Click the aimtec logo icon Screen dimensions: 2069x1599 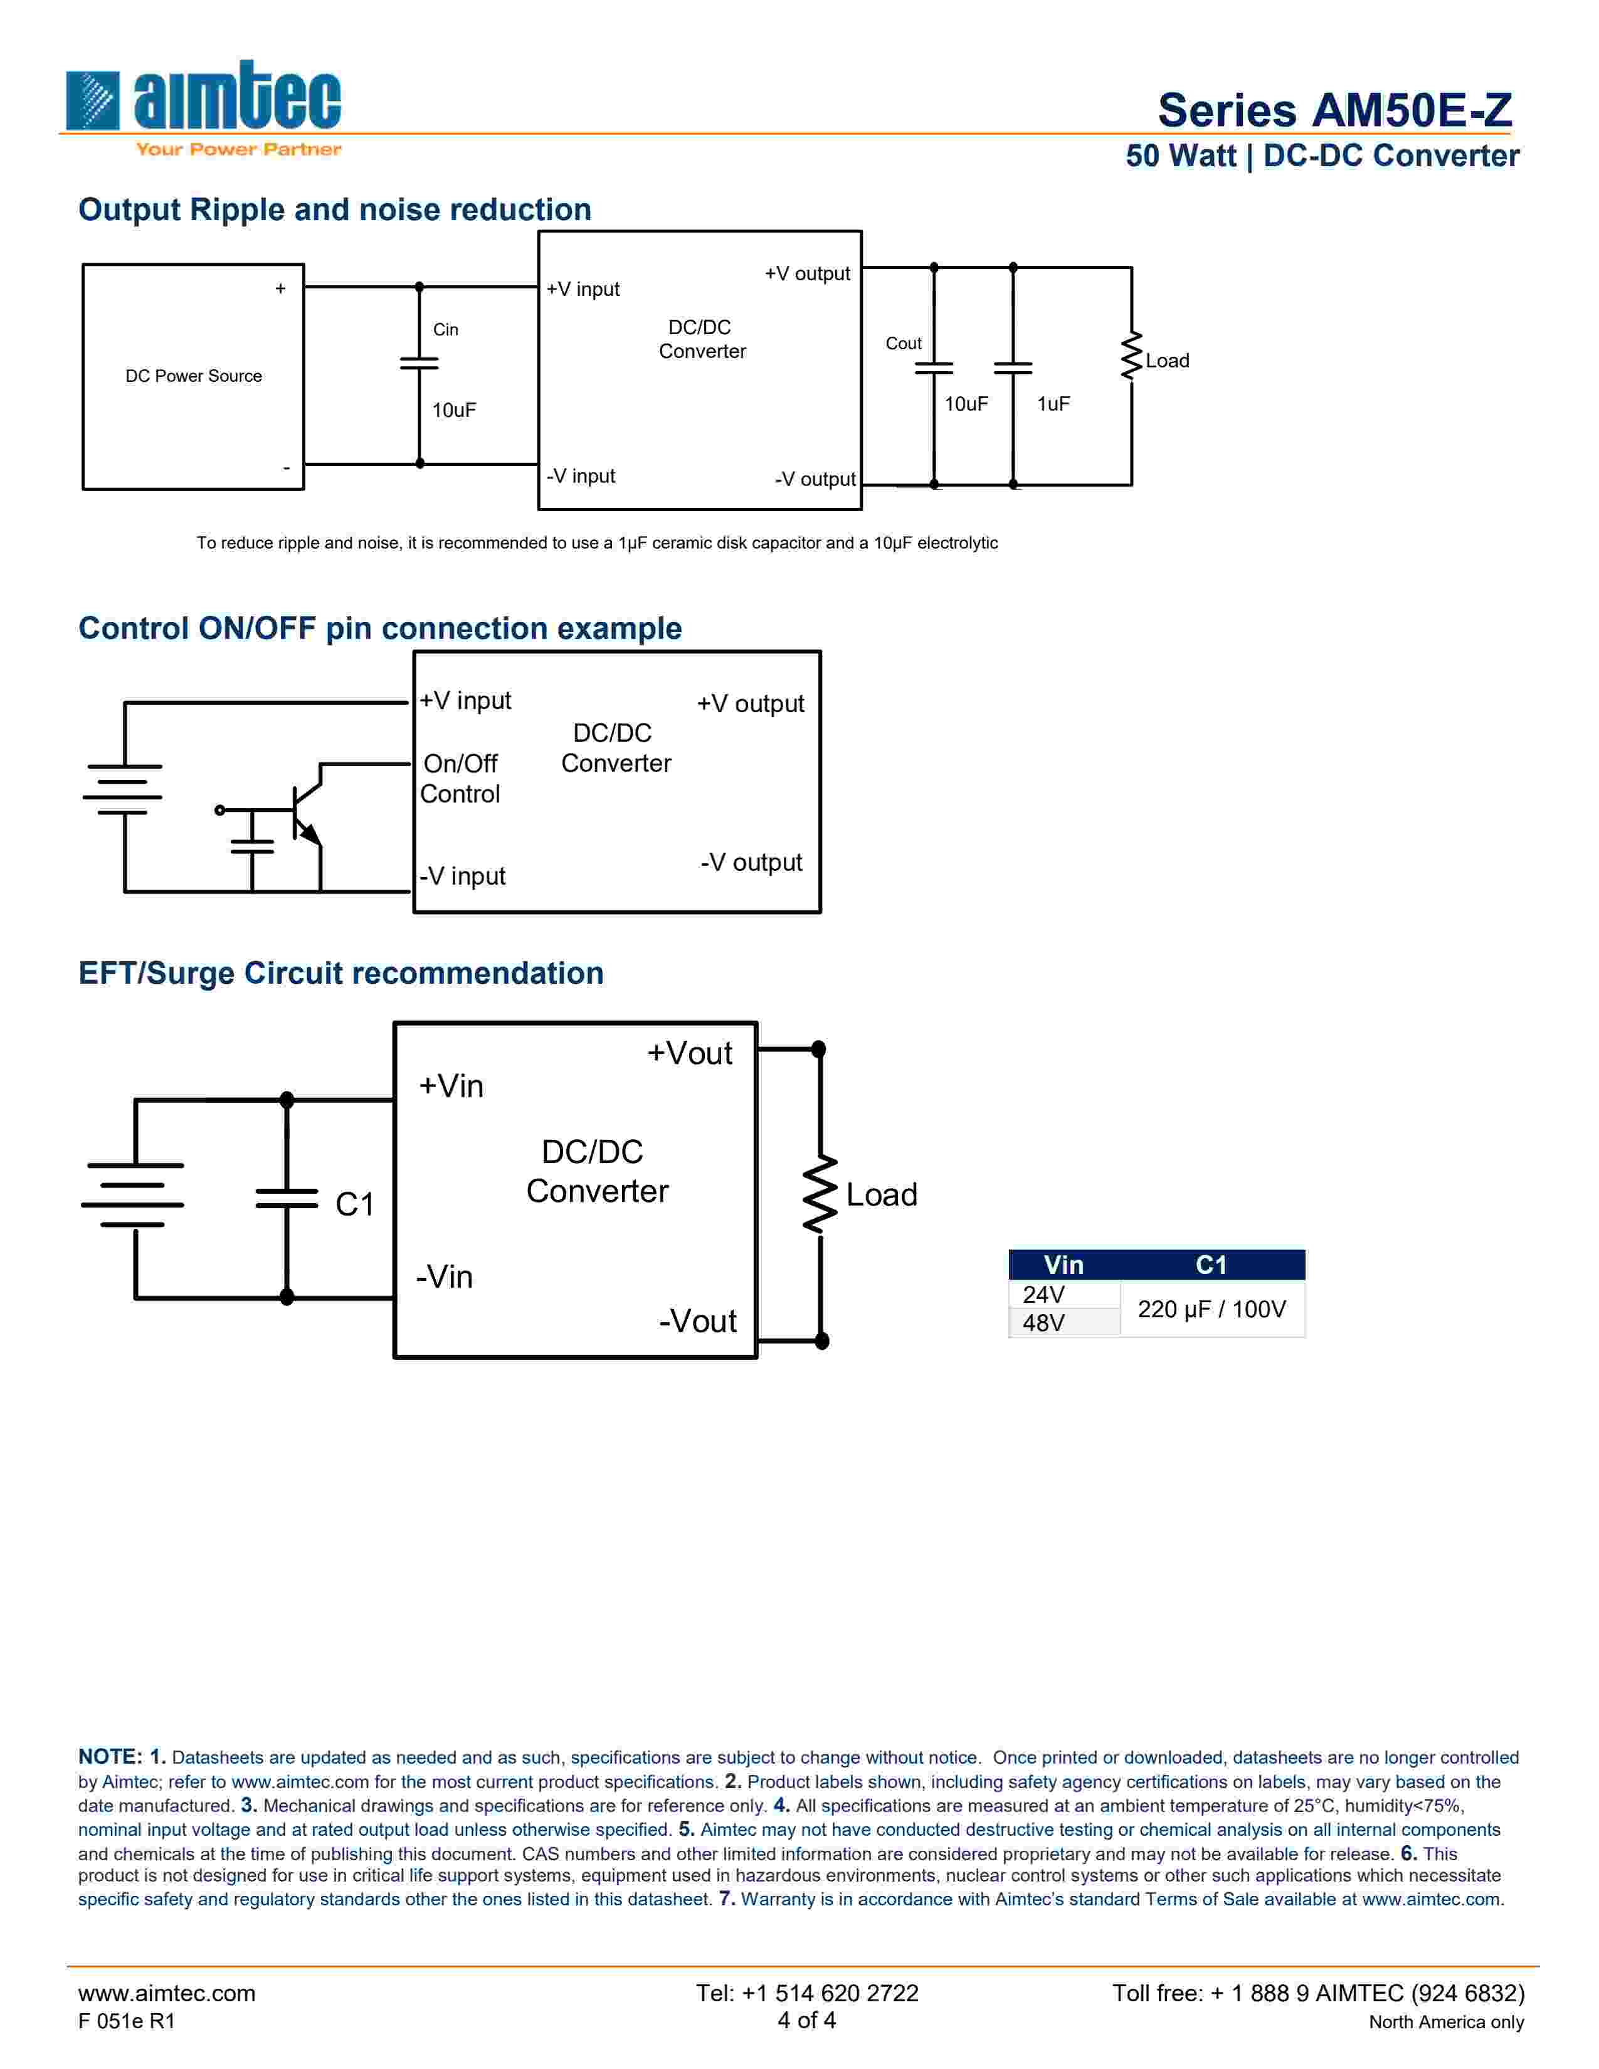click(x=93, y=100)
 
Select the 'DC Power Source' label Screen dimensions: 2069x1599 click(x=193, y=376)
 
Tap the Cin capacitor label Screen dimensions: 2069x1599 click(x=445, y=330)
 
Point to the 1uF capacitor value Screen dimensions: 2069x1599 click(x=1052, y=404)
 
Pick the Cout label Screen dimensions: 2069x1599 click(x=903, y=344)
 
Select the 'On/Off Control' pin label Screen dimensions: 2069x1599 click(x=460, y=779)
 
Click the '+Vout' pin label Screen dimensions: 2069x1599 click(x=690, y=1053)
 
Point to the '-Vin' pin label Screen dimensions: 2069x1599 click(x=445, y=1277)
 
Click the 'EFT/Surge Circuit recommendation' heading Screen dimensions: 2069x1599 click(x=341, y=973)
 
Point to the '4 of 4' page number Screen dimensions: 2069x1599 click(x=806, y=2021)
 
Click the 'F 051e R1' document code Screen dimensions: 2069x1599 click(x=127, y=2021)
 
